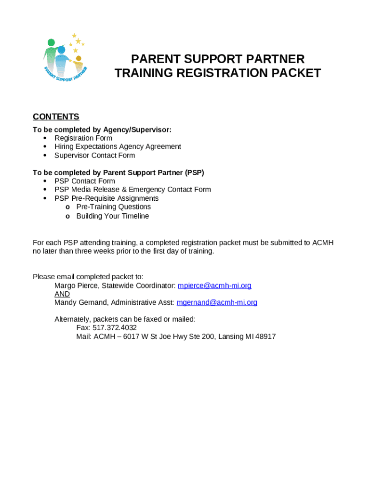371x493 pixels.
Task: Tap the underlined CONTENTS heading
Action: (56, 117)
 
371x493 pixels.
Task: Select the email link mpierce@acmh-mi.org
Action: (214, 285)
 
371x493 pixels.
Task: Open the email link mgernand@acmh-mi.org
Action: (217, 302)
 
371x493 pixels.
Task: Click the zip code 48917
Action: (266, 337)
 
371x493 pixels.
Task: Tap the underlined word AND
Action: (62, 294)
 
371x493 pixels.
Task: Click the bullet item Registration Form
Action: (83, 138)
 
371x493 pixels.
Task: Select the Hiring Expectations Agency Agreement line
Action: (118, 146)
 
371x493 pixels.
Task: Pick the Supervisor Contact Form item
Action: (94, 156)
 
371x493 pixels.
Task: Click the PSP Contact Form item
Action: (85, 181)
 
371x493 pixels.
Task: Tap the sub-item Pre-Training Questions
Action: (113, 207)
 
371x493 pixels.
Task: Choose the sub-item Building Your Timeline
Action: (113, 216)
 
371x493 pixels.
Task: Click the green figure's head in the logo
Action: (52, 42)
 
